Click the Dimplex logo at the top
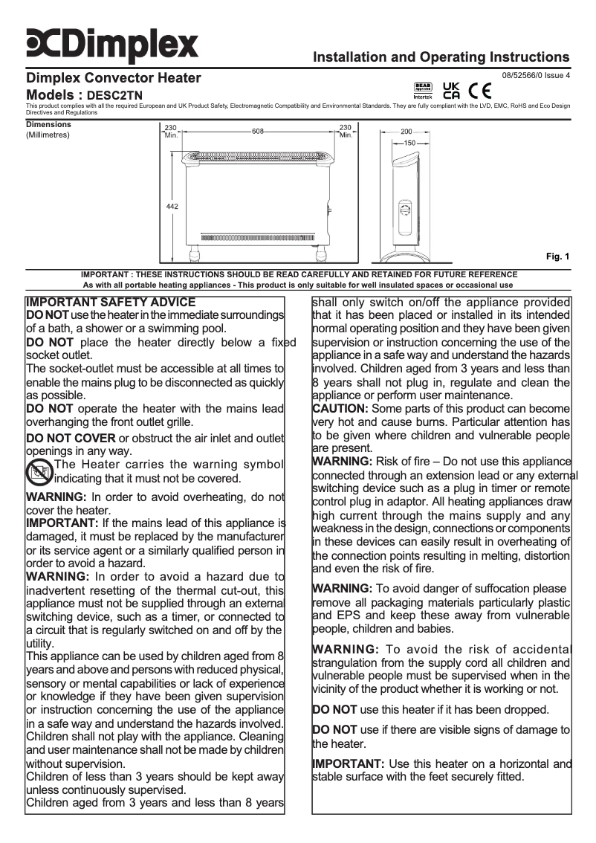pyautogui.click(x=112, y=44)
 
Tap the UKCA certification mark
pyautogui.click(x=451, y=91)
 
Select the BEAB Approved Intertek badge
pyautogui.click(x=422, y=91)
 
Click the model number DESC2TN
pyautogui.click(x=115, y=96)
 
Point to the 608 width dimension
pyautogui.click(x=258, y=131)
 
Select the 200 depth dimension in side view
pyautogui.click(x=406, y=131)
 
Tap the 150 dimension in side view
pyautogui.click(x=409, y=142)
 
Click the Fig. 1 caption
pyautogui.click(x=557, y=257)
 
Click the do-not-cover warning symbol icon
pyautogui.click(x=39, y=471)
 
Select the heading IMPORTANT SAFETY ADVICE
pyautogui.click(x=111, y=303)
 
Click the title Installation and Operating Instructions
pyautogui.click(x=441, y=56)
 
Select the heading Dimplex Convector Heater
pyautogui.click(x=113, y=78)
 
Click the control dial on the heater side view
pyautogui.click(x=406, y=212)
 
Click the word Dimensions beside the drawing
pyautogui.click(x=48, y=125)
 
